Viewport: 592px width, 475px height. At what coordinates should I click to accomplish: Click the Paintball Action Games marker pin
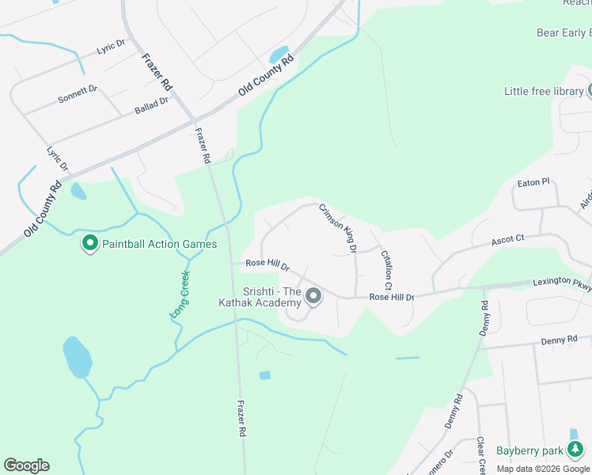coord(90,244)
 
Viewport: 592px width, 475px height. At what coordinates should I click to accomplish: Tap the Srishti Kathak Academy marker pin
coord(313,297)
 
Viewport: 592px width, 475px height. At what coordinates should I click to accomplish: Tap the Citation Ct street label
coord(387,270)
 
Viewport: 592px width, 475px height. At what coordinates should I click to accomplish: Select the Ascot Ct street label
coord(508,238)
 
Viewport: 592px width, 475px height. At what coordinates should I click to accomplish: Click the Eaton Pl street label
coord(533,183)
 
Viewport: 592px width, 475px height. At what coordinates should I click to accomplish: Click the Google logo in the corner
coord(26,465)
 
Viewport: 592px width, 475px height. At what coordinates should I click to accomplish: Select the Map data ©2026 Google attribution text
coord(543,469)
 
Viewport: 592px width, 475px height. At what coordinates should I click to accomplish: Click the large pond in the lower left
coord(78,357)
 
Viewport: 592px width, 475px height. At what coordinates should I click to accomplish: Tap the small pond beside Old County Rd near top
coord(279,55)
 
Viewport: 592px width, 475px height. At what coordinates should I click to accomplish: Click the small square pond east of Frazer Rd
coord(264,374)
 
